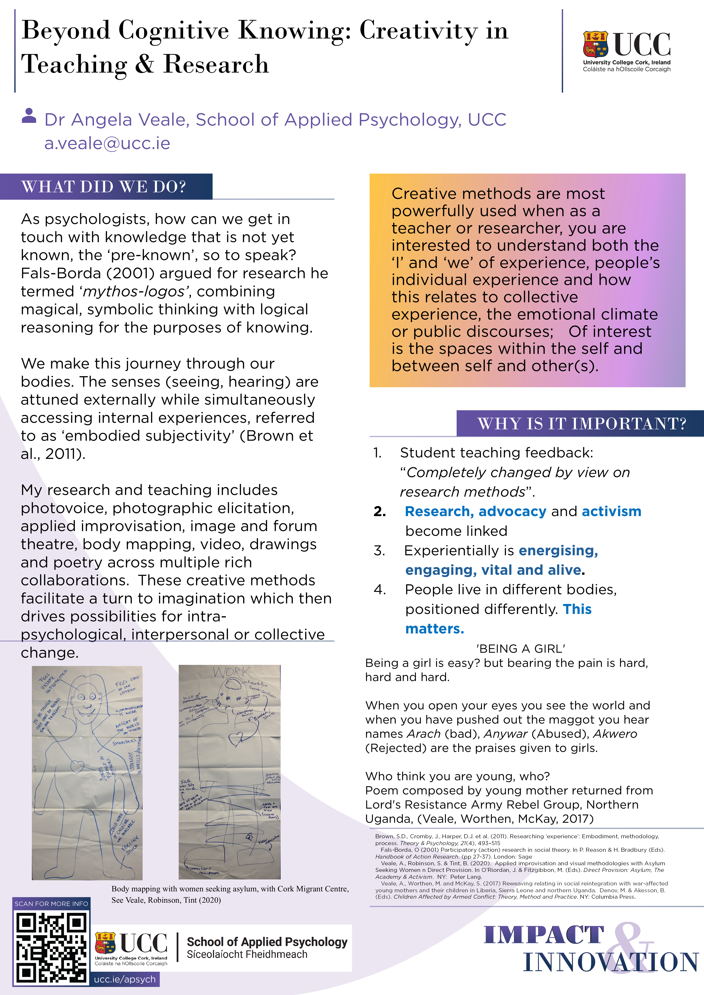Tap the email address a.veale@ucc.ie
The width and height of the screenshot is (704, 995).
(x=107, y=143)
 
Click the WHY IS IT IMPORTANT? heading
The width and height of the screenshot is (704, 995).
(x=582, y=423)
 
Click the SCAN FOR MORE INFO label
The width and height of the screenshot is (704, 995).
(x=51, y=904)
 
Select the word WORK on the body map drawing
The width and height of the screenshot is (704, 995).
(x=231, y=672)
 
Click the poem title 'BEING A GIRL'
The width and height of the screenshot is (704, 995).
(x=521, y=649)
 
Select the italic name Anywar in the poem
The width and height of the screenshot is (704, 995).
(x=505, y=734)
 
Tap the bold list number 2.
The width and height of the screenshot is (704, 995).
(x=380, y=512)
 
